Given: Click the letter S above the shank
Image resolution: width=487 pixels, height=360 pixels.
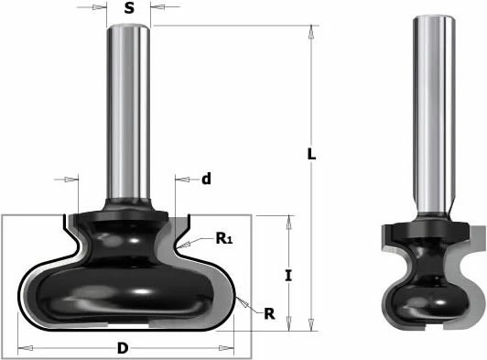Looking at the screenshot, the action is (129, 8).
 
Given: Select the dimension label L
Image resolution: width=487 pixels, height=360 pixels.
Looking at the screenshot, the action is (311, 154).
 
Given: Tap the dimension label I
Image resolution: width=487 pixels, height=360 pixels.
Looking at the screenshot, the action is (288, 276).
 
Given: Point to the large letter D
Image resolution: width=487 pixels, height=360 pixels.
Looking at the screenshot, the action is (123, 348).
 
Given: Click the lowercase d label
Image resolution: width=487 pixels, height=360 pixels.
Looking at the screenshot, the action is (206, 179).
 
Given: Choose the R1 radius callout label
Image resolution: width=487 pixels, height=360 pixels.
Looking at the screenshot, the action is (224, 238).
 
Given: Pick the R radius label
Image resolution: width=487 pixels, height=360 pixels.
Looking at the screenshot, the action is (269, 314).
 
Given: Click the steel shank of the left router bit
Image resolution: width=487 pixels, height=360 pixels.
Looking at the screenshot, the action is (128, 112).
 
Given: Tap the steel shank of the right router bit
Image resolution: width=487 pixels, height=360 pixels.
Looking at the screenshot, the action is (433, 115).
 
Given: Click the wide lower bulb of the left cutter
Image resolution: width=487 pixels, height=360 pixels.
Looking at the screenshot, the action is (124, 294).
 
